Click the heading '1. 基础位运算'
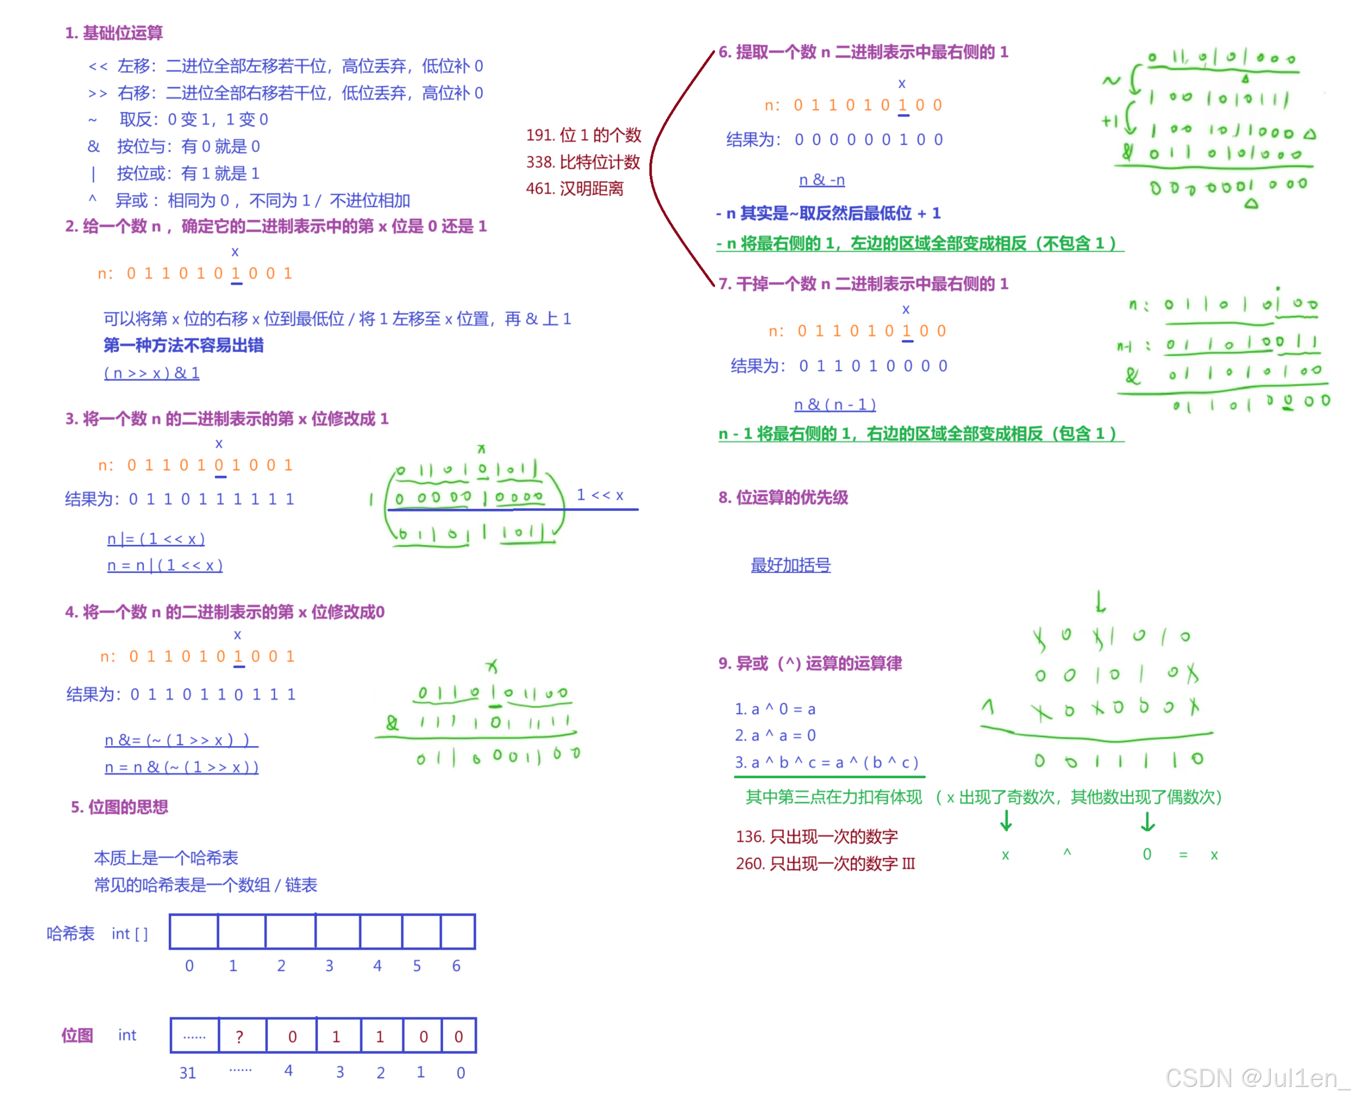114,33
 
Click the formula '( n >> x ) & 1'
151,373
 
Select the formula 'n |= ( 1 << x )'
156,539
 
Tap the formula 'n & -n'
822,180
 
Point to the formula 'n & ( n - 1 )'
835,404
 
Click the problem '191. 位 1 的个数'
583,135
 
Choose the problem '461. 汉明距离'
575,189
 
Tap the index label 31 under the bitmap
188,1073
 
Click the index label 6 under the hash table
456,966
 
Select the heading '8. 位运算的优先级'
783,497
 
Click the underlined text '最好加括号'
790,564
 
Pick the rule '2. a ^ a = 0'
776,735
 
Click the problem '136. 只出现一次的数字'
816,837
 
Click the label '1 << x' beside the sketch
600,495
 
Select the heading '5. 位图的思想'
119,807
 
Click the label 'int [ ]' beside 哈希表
130,933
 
